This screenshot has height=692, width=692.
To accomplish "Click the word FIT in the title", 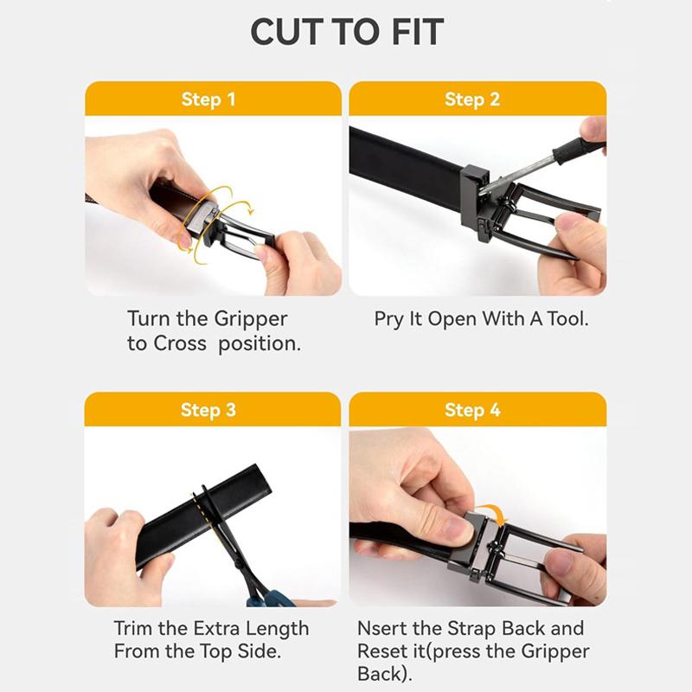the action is tap(417, 32).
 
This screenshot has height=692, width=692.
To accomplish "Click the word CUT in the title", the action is tap(287, 32).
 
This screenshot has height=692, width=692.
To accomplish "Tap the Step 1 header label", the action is tap(208, 99).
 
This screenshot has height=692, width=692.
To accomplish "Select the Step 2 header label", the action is tap(472, 99).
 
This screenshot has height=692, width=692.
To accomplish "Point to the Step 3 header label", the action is tap(208, 410).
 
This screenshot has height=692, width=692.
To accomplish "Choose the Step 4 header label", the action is tap(472, 410).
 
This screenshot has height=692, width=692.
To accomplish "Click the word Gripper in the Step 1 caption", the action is tap(251, 319).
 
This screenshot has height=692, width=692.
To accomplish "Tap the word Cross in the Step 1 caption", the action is tap(180, 343).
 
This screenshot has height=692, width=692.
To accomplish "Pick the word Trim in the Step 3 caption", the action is tap(133, 629).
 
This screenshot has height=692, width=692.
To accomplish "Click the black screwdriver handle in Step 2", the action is tap(578, 149).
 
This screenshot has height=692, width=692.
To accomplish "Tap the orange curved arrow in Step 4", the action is tap(491, 513).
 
